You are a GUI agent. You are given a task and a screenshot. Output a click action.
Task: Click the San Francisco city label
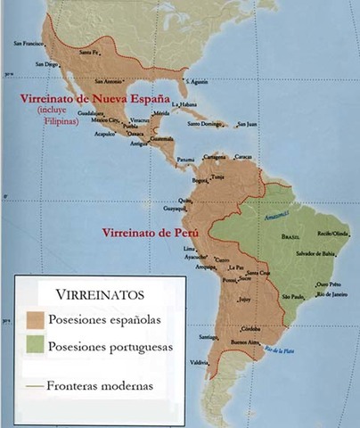click(29, 42)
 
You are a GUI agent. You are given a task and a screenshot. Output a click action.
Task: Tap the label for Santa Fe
click(89, 52)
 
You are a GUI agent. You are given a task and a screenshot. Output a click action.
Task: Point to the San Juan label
click(246, 123)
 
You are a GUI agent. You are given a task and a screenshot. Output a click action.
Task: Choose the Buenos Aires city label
click(243, 342)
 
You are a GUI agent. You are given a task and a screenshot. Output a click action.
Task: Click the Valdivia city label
click(199, 362)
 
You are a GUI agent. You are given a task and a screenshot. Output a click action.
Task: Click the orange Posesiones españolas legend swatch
click(37, 318)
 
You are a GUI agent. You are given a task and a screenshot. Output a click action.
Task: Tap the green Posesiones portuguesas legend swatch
click(37, 346)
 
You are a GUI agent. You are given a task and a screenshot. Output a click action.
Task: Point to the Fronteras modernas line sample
click(34, 386)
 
